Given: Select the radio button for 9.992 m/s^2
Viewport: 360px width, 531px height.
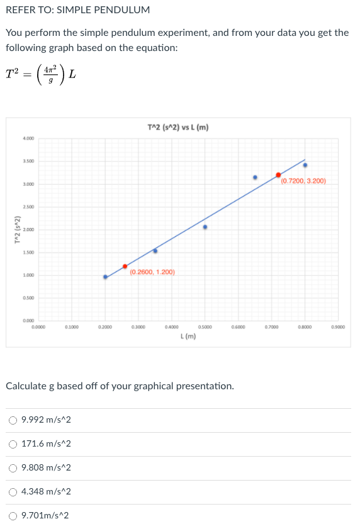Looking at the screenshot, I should coord(13,420).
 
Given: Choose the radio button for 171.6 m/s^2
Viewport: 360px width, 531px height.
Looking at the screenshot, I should coord(13,444).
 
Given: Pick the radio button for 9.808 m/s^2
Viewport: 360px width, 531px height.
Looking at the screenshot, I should coord(13,468).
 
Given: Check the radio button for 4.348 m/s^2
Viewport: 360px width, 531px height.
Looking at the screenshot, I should coord(13,491).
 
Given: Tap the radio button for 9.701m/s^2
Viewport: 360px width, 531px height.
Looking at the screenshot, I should coord(13,515).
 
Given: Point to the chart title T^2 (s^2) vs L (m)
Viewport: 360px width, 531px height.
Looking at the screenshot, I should coord(177,128).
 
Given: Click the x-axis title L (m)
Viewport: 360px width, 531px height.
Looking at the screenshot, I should coord(188,336).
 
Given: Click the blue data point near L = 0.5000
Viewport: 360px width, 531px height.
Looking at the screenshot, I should coord(205,227).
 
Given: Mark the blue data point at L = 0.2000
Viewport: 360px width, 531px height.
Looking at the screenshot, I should coord(105,277).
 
